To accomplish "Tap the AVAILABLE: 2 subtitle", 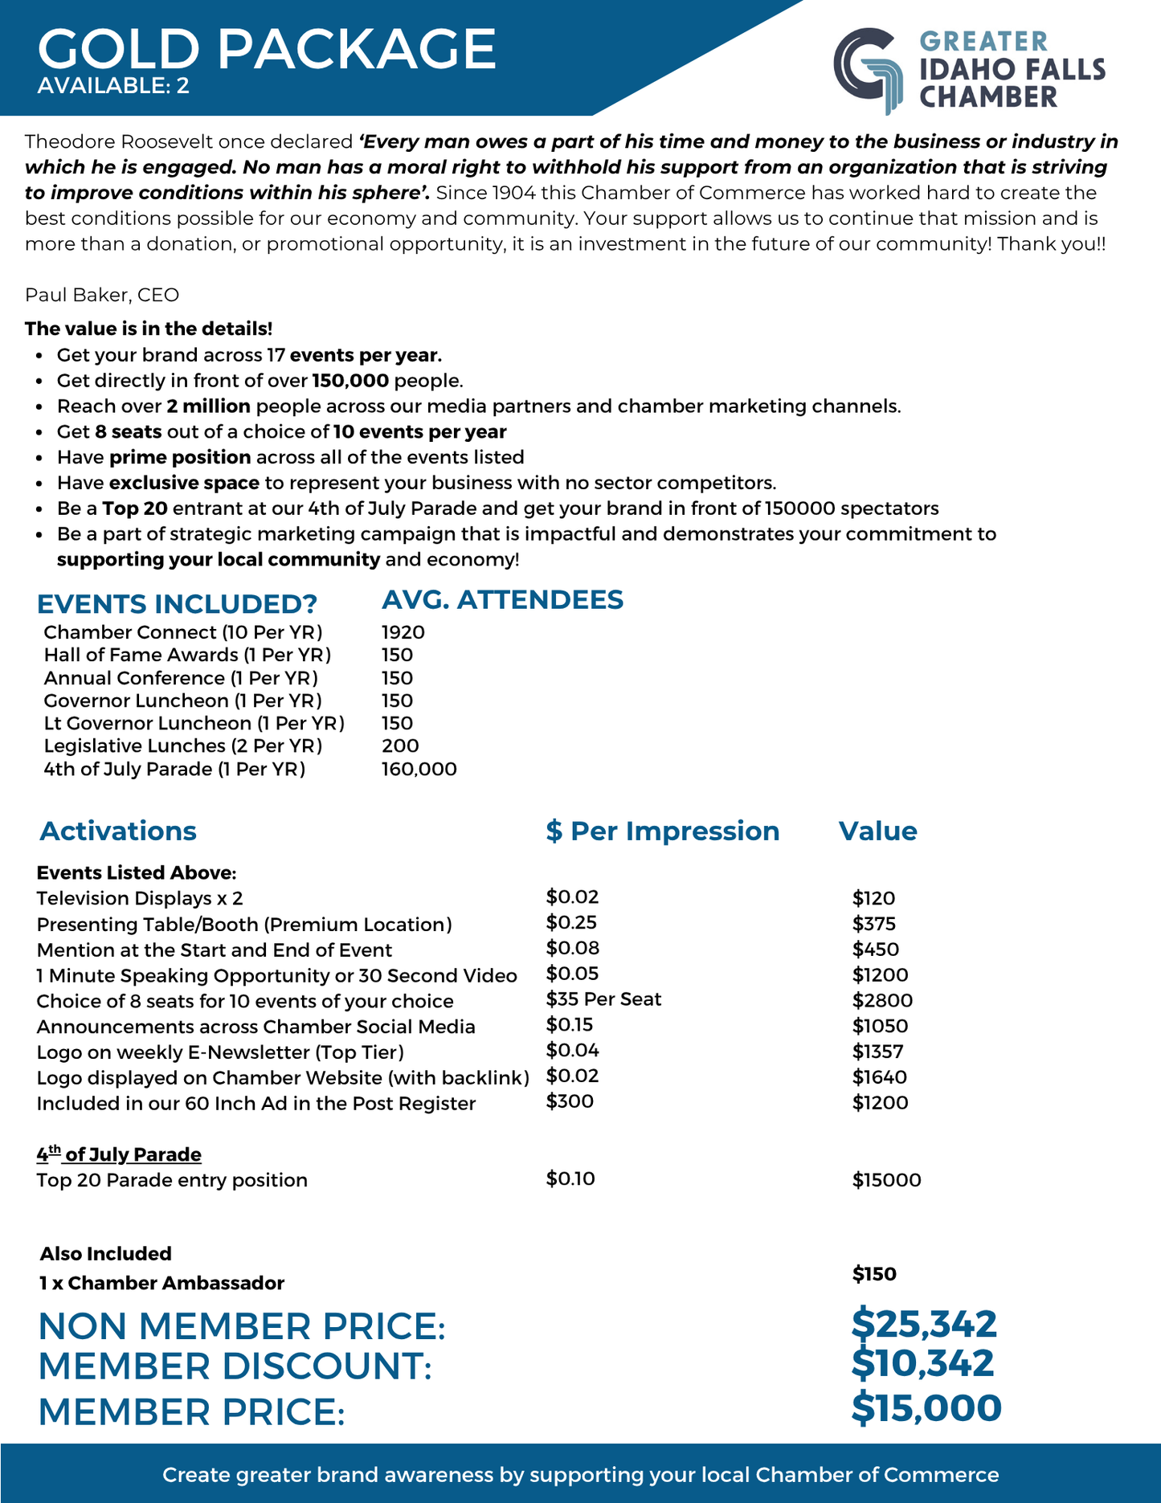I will [113, 85].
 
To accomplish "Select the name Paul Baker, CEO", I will [102, 295].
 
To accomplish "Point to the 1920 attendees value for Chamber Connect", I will [403, 632].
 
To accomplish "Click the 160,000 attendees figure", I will [419, 769].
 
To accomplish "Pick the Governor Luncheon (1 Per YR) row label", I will [182, 700].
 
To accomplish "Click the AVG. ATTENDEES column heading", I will [502, 600].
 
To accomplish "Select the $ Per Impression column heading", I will [662, 831].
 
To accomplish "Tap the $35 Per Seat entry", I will [603, 999].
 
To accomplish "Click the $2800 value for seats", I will [882, 1000].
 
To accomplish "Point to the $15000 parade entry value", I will [886, 1180].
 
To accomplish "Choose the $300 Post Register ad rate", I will [570, 1101].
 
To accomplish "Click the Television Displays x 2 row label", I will [140, 898].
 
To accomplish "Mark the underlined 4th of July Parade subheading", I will [119, 1154].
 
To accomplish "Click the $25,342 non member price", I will [924, 1323].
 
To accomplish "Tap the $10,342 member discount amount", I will [922, 1363].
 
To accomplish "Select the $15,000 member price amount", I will [926, 1408].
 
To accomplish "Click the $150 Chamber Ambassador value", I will [874, 1273].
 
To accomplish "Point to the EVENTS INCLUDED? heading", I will [178, 604].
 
